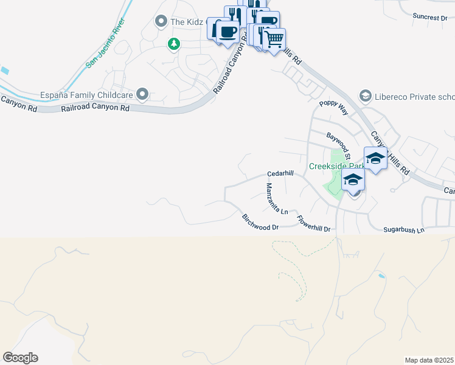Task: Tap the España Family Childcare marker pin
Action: [142, 94]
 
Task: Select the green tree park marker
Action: [174, 43]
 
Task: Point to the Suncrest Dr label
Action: [429, 18]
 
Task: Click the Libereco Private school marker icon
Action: [365, 96]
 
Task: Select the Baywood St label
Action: [340, 143]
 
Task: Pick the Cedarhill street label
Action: [280, 173]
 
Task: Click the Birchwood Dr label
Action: [260, 223]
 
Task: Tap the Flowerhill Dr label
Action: [316, 224]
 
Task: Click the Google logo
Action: [20, 358]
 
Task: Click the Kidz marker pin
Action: [161, 22]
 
